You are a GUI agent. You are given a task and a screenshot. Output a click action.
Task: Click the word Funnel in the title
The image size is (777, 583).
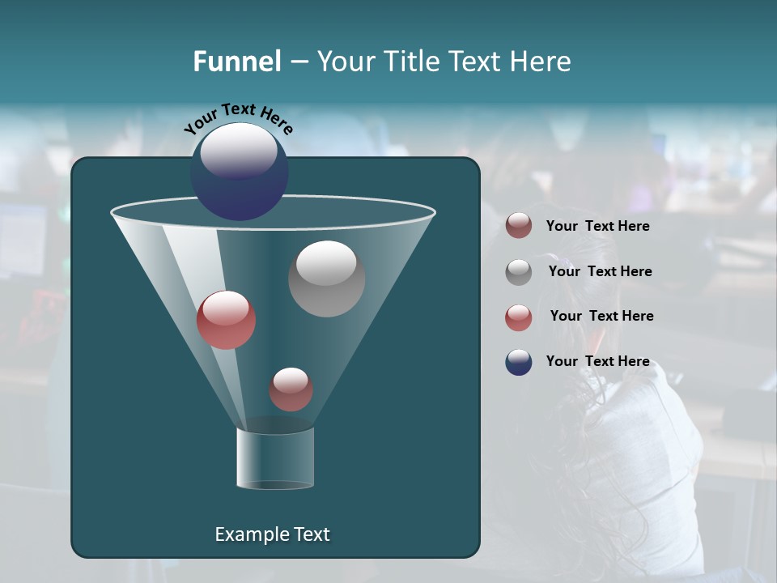[236, 62]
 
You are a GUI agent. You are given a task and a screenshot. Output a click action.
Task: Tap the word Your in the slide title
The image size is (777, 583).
[346, 62]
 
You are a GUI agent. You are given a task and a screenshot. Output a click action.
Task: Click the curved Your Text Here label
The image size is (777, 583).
[238, 118]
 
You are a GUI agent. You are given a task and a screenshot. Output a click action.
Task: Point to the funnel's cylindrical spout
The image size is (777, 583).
[275, 458]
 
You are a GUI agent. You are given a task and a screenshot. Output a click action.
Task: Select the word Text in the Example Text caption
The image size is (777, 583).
[311, 534]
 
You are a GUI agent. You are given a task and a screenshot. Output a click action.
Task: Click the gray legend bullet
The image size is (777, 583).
[519, 272]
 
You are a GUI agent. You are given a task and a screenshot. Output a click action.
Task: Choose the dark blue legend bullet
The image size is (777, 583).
[519, 362]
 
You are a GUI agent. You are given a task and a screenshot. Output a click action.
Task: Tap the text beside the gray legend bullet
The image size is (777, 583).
[600, 271]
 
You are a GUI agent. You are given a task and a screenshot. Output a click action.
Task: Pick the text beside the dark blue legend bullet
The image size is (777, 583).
[597, 361]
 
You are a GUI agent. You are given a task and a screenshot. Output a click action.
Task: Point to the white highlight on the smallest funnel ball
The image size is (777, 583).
[291, 379]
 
